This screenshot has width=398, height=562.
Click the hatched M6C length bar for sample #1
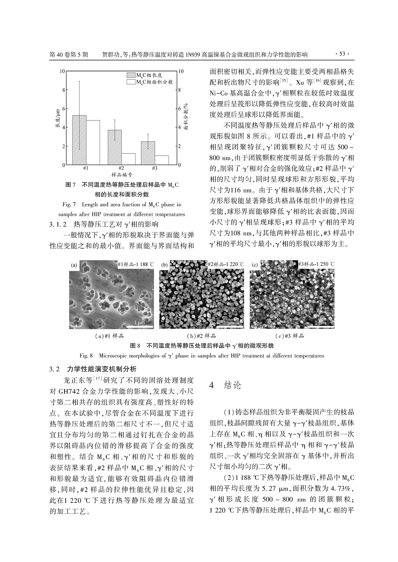(x=79, y=140)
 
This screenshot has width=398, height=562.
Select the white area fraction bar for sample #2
(x=128, y=159)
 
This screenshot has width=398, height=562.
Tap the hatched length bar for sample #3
(x=148, y=153)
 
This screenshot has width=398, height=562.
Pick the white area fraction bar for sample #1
(x=93, y=143)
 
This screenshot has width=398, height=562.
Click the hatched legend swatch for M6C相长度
(x=131, y=75)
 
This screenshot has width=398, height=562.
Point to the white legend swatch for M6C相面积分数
(x=131, y=82)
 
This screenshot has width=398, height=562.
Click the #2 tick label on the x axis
(x=121, y=168)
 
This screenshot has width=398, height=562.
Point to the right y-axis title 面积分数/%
(x=186, y=116)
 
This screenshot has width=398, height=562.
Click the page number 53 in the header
(x=342, y=54)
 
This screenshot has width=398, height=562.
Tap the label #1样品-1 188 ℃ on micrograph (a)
(x=136, y=264)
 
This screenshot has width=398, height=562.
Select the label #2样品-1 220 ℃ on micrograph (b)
(x=226, y=264)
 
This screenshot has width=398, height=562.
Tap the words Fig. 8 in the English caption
(x=86, y=356)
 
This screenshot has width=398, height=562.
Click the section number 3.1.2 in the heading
(x=58, y=224)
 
